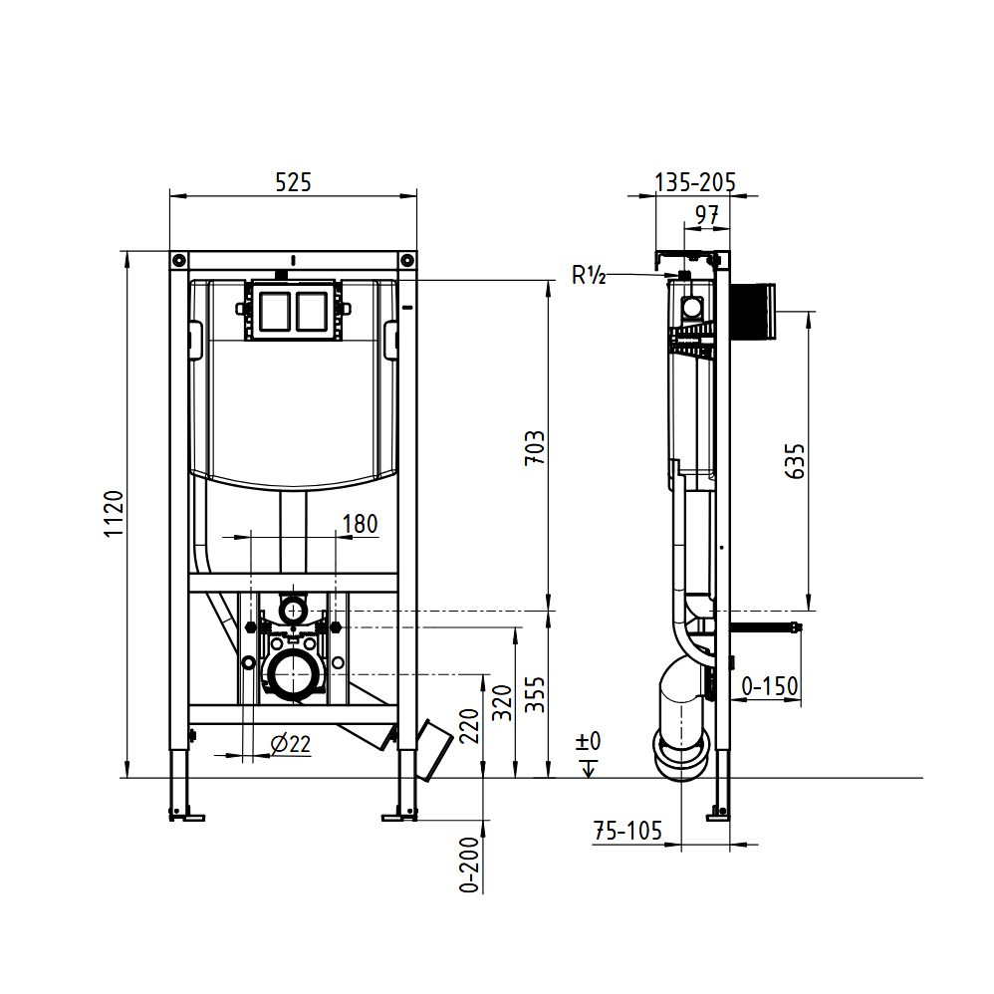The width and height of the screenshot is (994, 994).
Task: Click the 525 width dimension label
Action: (x=293, y=182)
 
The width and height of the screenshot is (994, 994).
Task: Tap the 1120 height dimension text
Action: (x=114, y=514)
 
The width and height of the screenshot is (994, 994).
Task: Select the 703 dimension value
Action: (x=535, y=447)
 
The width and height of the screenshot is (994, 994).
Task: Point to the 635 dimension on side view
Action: (x=795, y=461)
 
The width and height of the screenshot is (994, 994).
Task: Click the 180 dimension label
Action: (x=361, y=524)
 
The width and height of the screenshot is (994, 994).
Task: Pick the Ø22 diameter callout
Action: (x=291, y=743)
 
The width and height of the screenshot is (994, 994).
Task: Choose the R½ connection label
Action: (x=589, y=276)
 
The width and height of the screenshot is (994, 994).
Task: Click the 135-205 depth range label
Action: (x=695, y=182)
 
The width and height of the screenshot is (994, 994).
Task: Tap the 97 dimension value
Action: (x=707, y=215)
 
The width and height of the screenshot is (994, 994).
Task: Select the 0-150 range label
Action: (x=770, y=686)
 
